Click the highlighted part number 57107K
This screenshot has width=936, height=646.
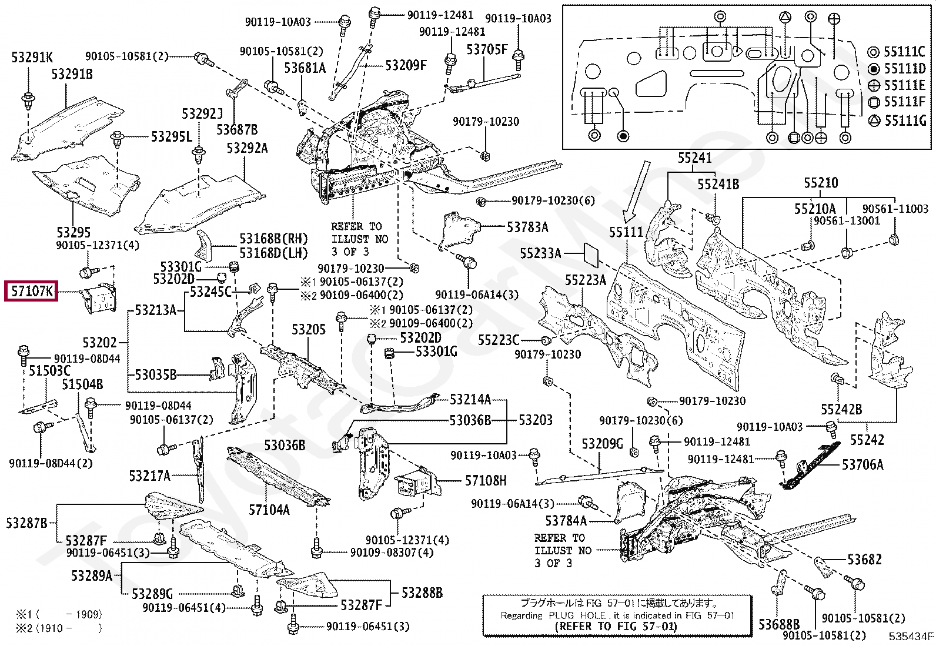tap(32, 291)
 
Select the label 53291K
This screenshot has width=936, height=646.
tap(32, 57)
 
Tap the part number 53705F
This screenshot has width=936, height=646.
tap(487, 49)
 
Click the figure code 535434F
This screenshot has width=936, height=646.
tap(911, 636)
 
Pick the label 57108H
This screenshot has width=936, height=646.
tap(486, 481)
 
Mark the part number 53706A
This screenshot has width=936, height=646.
tap(863, 465)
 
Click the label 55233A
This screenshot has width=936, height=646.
tap(540, 253)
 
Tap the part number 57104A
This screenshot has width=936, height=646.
tap(269, 510)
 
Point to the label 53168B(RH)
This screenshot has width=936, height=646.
tap(273, 239)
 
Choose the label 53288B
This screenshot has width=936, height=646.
tap(422, 593)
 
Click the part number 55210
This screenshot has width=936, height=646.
tap(821, 183)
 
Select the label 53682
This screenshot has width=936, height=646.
tap(864, 560)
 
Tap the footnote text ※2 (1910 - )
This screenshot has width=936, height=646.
tap(59, 628)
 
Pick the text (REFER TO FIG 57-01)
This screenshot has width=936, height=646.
tap(616, 627)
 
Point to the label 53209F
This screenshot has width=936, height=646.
tap(406, 65)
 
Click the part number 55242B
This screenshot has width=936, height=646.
tap(841, 409)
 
